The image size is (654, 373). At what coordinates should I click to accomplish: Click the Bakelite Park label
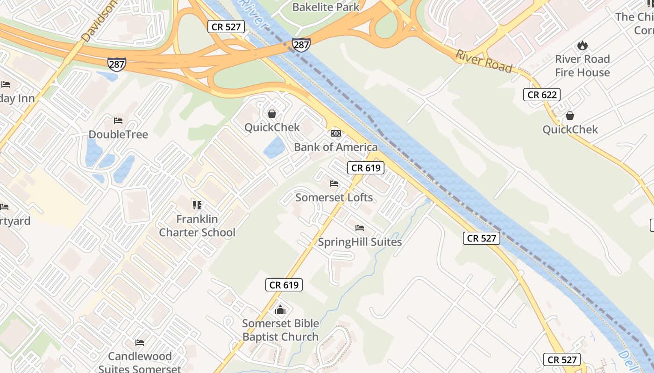tap(326, 7)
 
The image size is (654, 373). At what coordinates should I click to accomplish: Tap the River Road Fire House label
tap(582, 66)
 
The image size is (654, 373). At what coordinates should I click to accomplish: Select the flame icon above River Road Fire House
tap(582, 46)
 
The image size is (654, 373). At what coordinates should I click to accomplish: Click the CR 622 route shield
tap(541, 95)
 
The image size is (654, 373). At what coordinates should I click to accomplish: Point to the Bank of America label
tap(335, 147)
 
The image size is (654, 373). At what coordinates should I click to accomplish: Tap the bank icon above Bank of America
tap(335, 133)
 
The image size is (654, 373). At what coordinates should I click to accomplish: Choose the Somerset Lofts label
tap(334, 198)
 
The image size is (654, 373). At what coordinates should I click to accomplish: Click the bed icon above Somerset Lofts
tap(334, 184)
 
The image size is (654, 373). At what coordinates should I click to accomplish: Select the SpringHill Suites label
tap(360, 242)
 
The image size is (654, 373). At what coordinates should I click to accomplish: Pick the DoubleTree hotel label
tap(118, 135)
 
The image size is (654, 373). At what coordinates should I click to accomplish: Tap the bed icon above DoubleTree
tap(118, 121)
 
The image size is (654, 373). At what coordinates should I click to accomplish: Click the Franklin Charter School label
tap(197, 226)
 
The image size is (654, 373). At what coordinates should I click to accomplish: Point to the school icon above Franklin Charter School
tap(197, 205)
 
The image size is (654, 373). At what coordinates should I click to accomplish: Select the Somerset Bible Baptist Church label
tap(280, 330)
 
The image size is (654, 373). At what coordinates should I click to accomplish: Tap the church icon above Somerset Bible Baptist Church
tap(280, 309)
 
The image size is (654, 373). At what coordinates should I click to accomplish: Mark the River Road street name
tap(484, 61)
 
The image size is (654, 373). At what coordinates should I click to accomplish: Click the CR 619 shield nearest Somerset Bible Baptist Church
tap(284, 285)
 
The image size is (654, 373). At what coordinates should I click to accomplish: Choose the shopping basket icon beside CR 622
tap(570, 116)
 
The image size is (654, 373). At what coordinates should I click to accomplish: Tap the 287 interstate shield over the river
tap(301, 45)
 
